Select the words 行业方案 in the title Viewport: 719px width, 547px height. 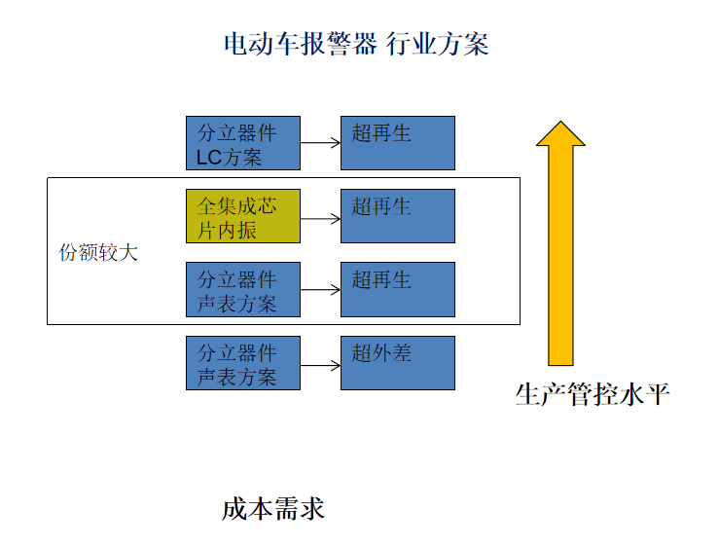click(x=437, y=44)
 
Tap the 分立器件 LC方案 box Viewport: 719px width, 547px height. click(x=243, y=143)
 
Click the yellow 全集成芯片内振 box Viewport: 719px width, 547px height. click(x=243, y=216)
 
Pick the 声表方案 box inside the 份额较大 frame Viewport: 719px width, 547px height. click(x=243, y=289)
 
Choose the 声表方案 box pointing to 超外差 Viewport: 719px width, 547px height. click(x=243, y=362)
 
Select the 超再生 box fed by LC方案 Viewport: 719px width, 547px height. click(x=397, y=143)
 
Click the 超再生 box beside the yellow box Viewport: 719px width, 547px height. click(x=397, y=216)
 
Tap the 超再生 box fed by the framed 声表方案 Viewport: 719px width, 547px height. click(x=397, y=289)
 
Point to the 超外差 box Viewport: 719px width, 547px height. click(x=397, y=362)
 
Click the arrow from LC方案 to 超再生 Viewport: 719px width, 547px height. click(x=320, y=143)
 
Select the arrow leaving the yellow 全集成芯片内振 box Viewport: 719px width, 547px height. click(x=320, y=216)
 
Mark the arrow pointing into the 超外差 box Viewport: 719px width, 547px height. click(x=320, y=364)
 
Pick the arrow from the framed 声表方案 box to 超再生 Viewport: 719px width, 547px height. click(x=320, y=289)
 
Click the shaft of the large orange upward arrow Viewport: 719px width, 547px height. click(x=560, y=253)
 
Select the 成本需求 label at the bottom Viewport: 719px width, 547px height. click(x=272, y=509)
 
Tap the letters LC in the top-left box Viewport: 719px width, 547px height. click(x=209, y=157)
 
